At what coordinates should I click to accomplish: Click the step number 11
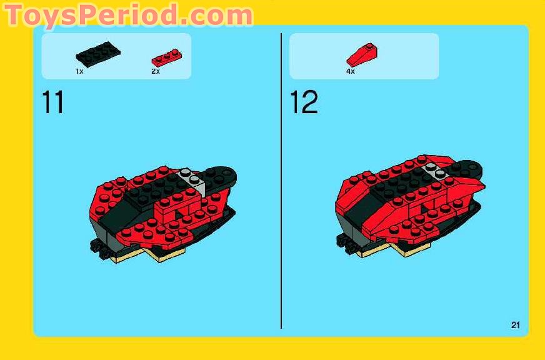pyautogui.click(x=52, y=102)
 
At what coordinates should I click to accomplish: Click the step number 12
pyautogui.click(x=304, y=102)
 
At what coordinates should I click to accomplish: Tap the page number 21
pyautogui.click(x=515, y=324)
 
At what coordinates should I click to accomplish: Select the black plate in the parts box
pyautogui.click(x=97, y=54)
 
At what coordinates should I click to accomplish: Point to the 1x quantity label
pyautogui.click(x=79, y=72)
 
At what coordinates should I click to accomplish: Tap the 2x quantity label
pyautogui.click(x=156, y=72)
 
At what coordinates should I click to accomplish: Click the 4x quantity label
pyautogui.click(x=351, y=72)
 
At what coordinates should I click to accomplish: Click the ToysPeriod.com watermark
pyautogui.click(x=128, y=15)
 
